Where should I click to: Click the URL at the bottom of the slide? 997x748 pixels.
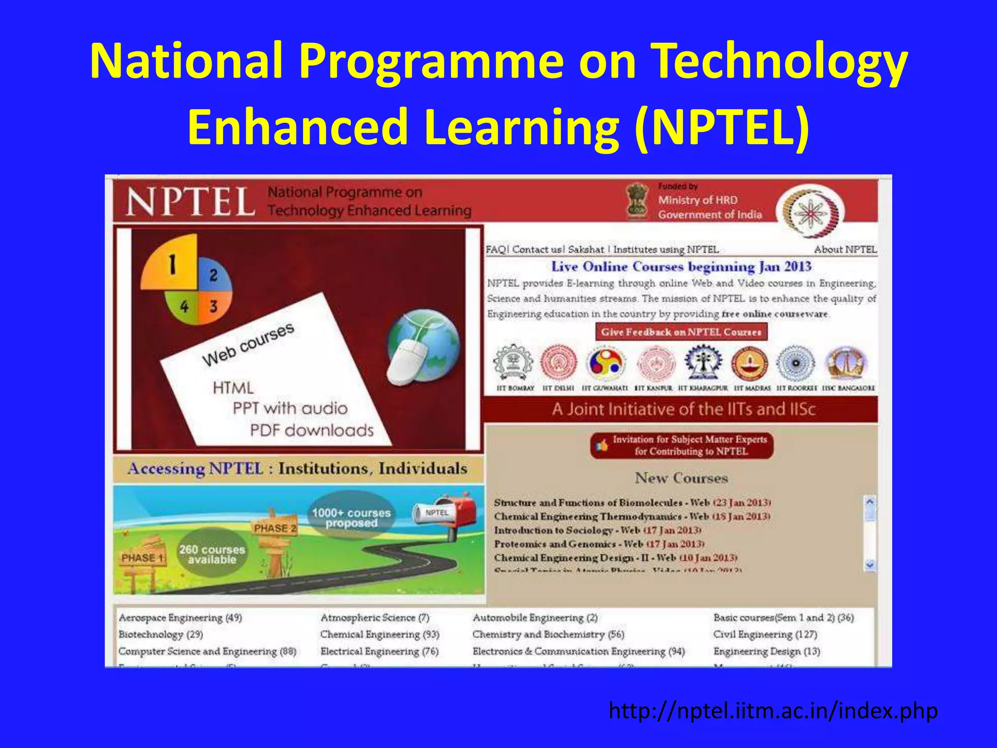tap(773, 711)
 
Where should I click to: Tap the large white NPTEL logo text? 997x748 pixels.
tap(190, 202)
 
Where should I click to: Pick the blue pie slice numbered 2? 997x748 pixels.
tap(213, 275)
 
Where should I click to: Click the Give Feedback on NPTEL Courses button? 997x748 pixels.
tap(681, 332)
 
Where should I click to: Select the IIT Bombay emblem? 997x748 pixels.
tap(513, 363)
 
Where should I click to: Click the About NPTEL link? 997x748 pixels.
tap(845, 249)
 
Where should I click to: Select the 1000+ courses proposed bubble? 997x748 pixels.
tap(351, 517)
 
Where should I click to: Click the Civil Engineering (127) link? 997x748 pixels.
tap(765, 634)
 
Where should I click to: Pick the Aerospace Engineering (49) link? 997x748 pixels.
tap(180, 617)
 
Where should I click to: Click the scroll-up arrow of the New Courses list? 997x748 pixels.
tap(869, 501)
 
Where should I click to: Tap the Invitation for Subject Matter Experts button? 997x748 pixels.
tap(682, 445)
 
